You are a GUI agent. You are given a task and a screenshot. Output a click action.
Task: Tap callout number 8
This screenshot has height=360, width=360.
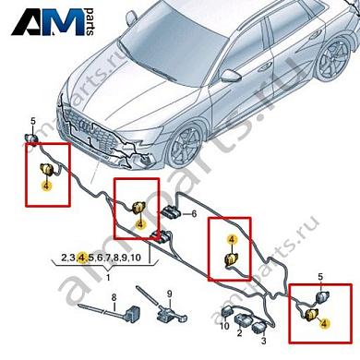(x=114, y=297)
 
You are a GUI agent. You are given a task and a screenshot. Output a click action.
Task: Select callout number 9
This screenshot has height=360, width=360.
(x=169, y=297)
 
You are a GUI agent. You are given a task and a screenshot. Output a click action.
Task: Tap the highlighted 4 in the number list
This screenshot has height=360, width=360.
(x=81, y=257)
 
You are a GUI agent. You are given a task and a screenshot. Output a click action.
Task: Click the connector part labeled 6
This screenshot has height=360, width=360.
(x=171, y=215)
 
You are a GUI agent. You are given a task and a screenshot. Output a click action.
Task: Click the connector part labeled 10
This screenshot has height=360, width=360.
(x=224, y=313)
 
